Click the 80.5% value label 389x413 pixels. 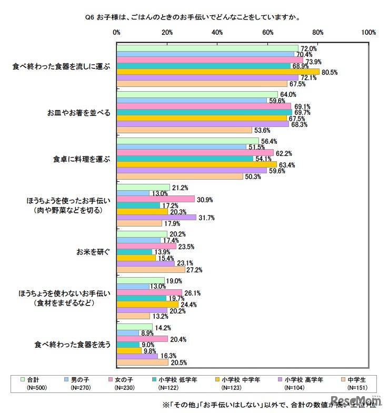330,72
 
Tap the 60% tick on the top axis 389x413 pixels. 268,33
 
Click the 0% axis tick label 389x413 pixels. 117,33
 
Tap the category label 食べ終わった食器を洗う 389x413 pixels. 72,345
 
